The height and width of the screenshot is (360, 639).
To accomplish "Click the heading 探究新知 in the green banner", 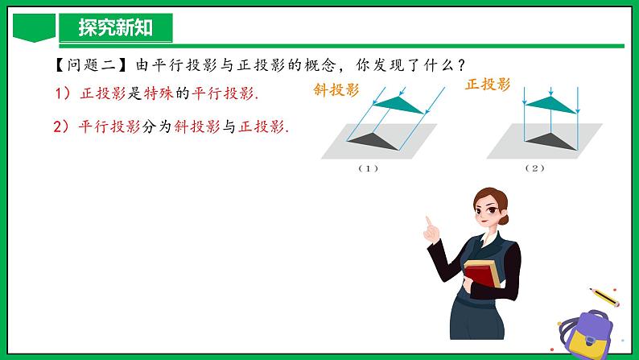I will coord(114,29).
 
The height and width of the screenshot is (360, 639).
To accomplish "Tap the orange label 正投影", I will coord(488,85).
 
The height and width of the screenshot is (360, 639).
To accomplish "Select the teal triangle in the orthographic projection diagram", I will coord(550,100).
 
